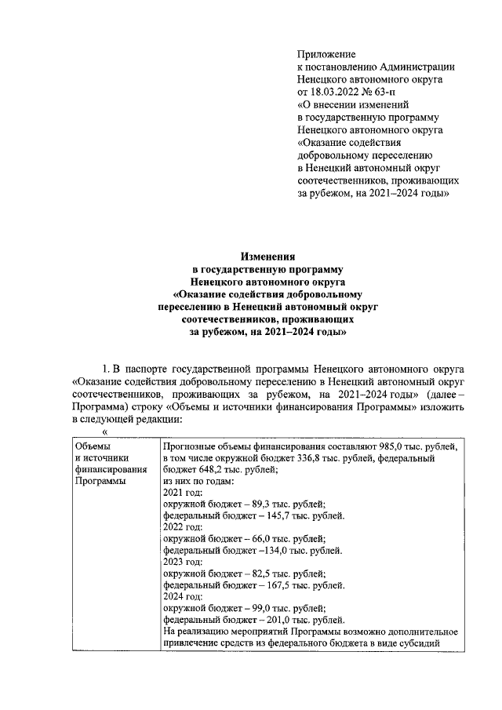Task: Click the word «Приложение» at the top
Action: click(326, 54)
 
